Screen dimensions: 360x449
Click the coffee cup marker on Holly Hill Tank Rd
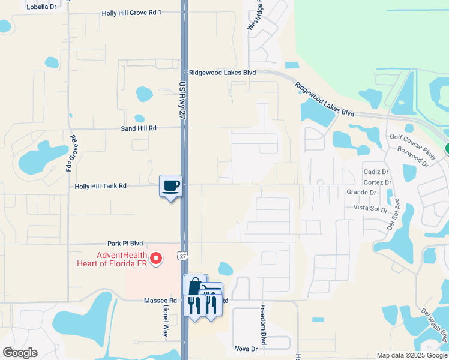171,185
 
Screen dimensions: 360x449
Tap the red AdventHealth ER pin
156,259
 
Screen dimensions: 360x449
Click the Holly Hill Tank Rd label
100,187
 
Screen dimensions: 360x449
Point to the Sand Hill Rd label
138,128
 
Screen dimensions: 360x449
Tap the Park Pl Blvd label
125,244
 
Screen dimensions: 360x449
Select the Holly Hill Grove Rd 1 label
131,13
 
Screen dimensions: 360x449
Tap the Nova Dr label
246,349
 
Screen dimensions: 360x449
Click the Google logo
20,353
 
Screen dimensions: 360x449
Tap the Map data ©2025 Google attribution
411,355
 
